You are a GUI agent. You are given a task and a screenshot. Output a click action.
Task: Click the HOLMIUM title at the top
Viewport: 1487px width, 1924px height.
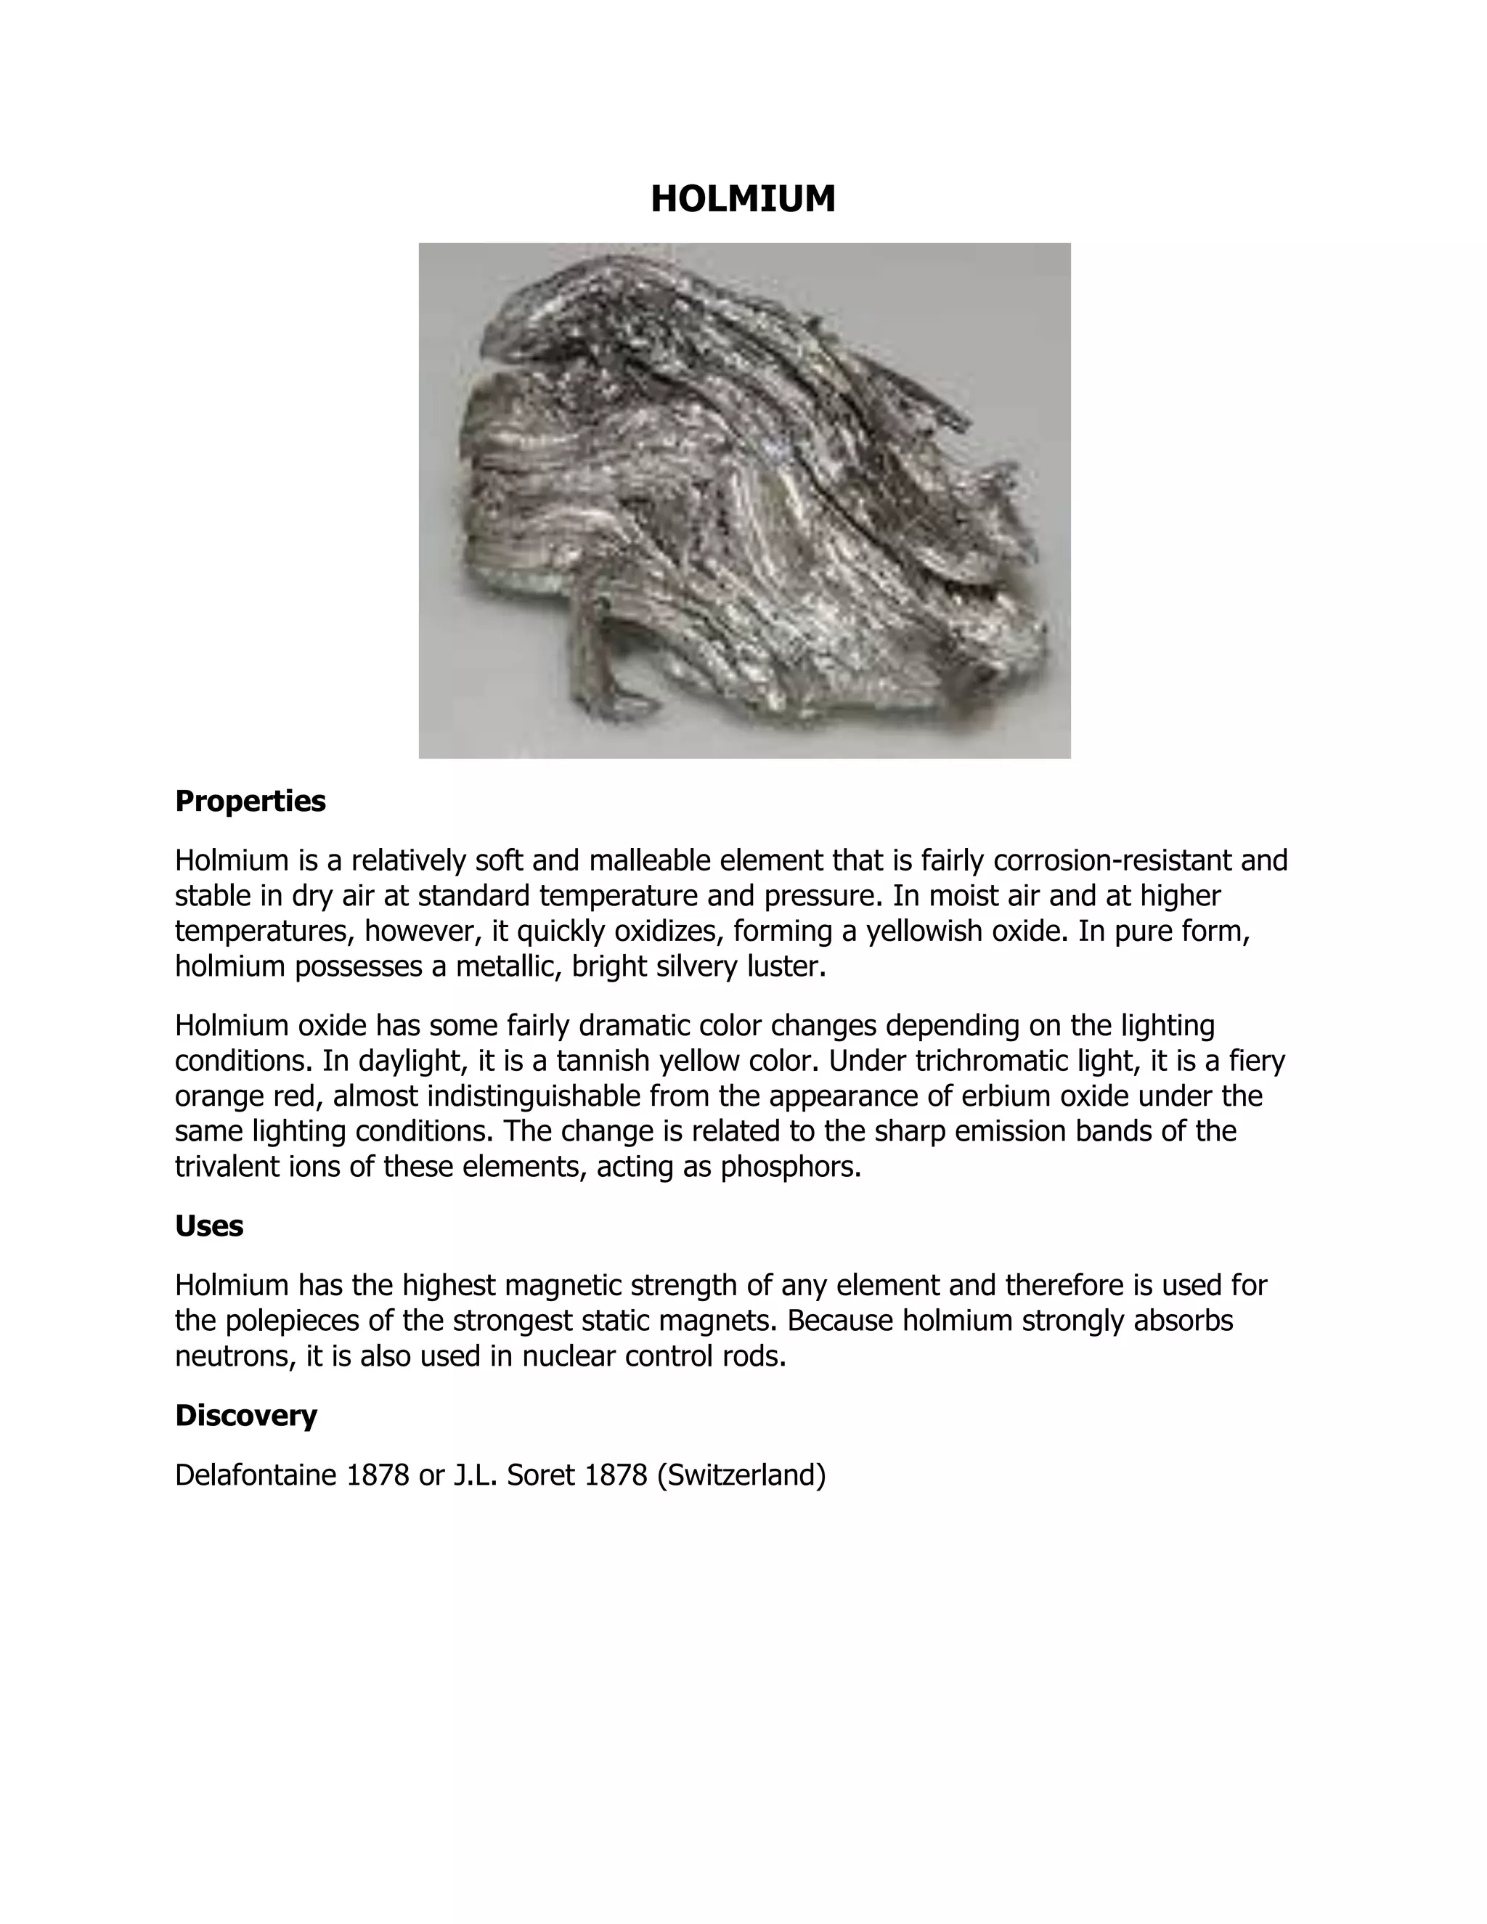[x=743, y=199]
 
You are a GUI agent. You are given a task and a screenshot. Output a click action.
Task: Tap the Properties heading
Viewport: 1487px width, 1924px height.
[x=250, y=801]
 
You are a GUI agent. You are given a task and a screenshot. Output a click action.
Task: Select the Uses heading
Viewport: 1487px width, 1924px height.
[x=209, y=1226]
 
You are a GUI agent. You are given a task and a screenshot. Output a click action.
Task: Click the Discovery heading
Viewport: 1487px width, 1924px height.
[x=246, y=1415]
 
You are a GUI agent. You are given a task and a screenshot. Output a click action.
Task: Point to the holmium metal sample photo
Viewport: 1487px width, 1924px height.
[x=744, y=500]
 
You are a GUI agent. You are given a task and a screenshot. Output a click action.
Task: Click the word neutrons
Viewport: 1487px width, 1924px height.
[x=236, y=1356]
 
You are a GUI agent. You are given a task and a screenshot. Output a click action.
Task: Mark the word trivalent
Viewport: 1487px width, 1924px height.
[x=229, y=1167]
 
